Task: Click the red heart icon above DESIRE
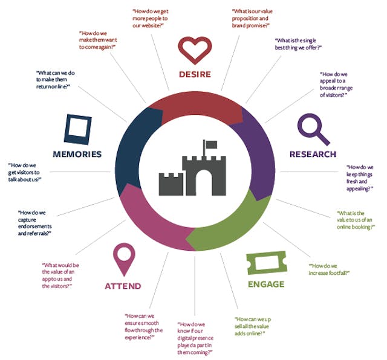pyautogui.click(x=194, y=51)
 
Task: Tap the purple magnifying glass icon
pyautogui.click(x=313, y=129)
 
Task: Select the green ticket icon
pyautogui.click(x=265, y=264)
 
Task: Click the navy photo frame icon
pyautogui.click(x=77, y=129)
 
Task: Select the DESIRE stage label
pyautogui.click(x=194, y=75)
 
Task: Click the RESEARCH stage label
pyautogui.click(x=312, y=154)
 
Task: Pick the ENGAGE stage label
pyautogui.click(x=265, y=284)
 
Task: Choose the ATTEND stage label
pyautogui.click(x=123, y=286)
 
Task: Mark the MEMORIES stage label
pyautogui.click(x=77, y=154)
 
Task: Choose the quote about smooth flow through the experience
pyautogui.click(x=143, y=330)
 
